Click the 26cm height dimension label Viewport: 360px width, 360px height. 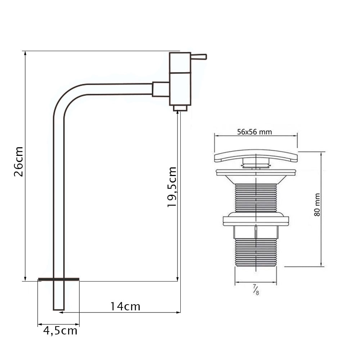click(19, 161)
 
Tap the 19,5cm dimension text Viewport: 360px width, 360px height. click(172, 187)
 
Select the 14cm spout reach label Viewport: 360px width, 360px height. click(125, 306)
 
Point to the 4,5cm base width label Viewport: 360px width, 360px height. click(60, 331)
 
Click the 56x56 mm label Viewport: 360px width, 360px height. click(255, 132)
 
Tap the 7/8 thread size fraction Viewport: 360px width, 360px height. click(256, 289)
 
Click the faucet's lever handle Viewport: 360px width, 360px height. click(199, 57)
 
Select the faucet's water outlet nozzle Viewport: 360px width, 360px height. click(180, 108)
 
